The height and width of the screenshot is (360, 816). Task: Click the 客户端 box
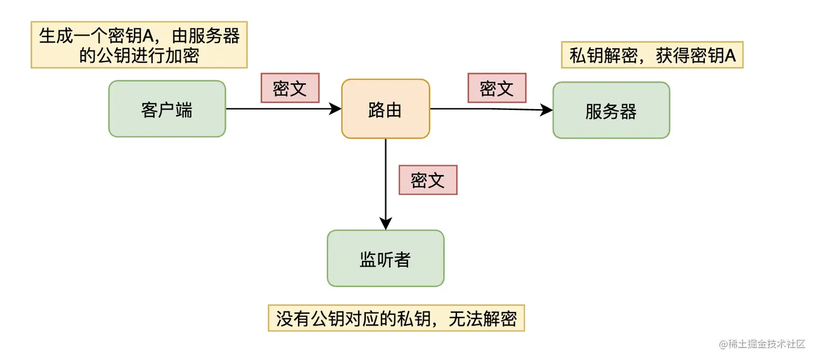[167, 109]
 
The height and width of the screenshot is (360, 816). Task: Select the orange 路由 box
[385, 109]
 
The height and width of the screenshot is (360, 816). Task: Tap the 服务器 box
[611, 111]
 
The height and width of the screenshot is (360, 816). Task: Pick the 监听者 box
[385, 259]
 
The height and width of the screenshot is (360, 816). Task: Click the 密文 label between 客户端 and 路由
[290, 88]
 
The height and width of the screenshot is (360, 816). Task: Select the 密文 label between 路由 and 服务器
[497, 88]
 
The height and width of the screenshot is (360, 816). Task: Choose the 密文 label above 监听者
[427, 180]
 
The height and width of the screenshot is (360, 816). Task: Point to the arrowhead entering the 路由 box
[336, 109]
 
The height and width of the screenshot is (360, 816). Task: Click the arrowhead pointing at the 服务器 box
[547, 110]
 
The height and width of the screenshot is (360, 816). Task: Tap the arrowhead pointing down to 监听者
[385, 223]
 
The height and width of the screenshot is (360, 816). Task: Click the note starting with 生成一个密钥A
[139, 45]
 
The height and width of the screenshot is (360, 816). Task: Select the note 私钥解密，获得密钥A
[652, 56]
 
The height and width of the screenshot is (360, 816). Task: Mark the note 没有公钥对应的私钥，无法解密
[396, 318]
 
